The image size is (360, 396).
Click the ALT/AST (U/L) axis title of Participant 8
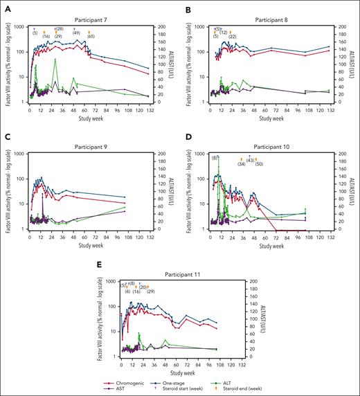(x=352, y=64)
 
